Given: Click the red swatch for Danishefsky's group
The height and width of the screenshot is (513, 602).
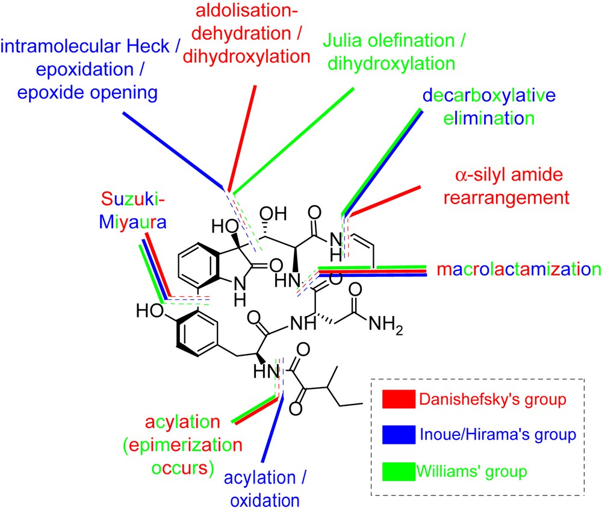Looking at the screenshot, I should click(x=399, y=398).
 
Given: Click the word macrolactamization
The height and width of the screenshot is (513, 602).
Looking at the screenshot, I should click(x=519, y=268).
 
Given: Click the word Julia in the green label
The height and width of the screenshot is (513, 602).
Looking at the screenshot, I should click(x=346, y=42).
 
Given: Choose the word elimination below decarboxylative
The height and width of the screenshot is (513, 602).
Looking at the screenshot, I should click(x=488, y=117).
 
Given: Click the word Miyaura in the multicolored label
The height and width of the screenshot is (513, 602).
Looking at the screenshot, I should click(x=132, y=222).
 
